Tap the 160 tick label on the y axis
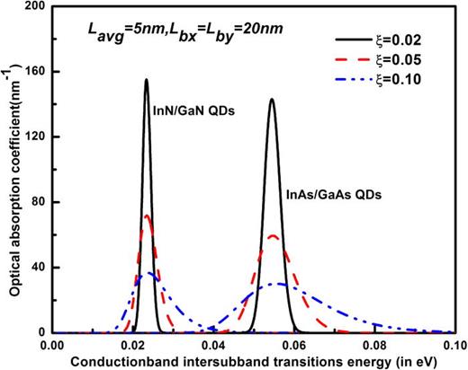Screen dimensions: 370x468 (x=35, y=72)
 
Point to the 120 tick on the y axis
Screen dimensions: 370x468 (x=35, y=137)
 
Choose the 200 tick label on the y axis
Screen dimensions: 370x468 (x=35, y=7)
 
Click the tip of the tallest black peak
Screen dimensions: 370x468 (x=147, y=80)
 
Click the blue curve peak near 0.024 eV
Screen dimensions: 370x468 (x=149, y=273)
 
